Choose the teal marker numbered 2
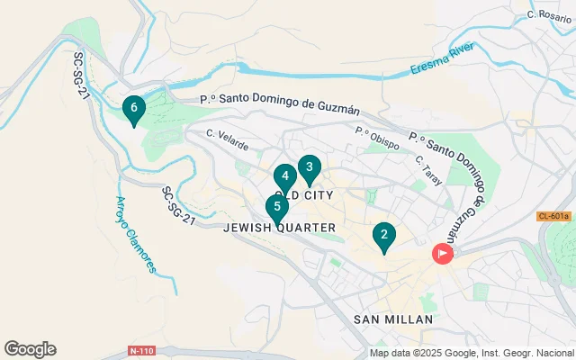coord(384,237)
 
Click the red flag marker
coord(443,254)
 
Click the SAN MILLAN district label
coord(393,319)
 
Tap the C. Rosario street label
coord(550,15)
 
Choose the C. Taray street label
coord(428,170)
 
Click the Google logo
coord(30,349)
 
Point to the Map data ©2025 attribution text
coord(472,353)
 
